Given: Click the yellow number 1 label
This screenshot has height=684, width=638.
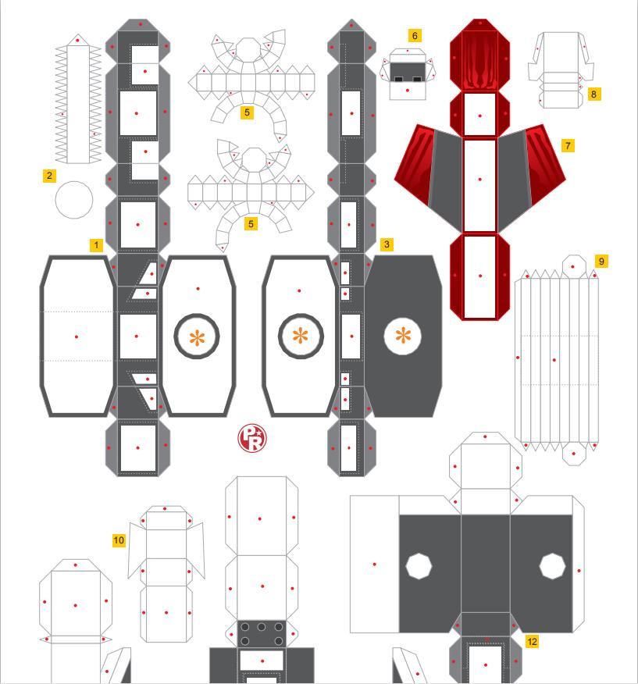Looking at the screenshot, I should pos(96,245).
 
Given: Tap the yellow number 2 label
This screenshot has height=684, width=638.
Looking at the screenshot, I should pos(50,176).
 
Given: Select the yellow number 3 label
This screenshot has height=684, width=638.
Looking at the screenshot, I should pos(387,244).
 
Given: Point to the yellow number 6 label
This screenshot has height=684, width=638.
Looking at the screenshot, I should pos(415,35).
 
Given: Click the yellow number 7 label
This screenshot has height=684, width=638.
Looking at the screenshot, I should pos(568,145).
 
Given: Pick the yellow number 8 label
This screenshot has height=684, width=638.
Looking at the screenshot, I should pos(594,94).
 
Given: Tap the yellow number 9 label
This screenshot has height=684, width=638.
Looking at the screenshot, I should pos(601,260).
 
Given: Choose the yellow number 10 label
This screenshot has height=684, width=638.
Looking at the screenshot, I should pos(119,540).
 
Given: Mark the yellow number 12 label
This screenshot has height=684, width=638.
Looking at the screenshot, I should pos(533,642).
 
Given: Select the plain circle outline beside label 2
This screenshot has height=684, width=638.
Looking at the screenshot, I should pos(73,200).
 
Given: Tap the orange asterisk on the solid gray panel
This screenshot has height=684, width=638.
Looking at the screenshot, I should pos(403,336).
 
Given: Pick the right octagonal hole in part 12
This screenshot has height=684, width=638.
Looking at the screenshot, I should pos(552,565).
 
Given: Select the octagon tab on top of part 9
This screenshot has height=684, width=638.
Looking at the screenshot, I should pos(575,265).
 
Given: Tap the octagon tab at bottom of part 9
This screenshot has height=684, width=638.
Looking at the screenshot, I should pos(575,454).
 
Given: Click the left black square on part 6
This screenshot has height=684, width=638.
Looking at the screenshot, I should pos(398,78).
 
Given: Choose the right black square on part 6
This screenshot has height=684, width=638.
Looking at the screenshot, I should pos(417,78).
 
